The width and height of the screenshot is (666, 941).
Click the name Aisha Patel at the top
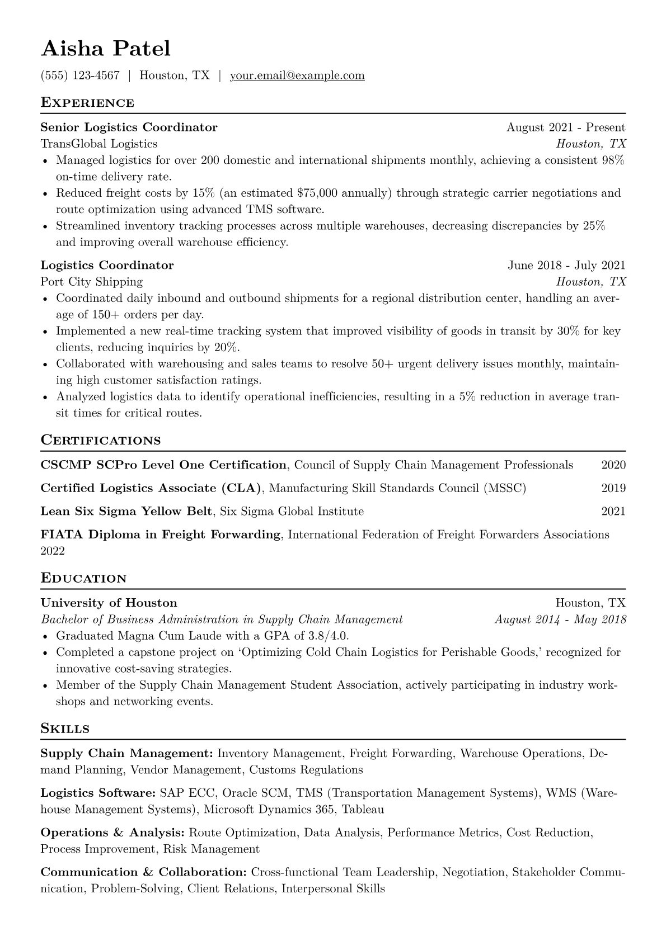point(106,49)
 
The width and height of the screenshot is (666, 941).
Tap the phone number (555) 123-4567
point(80,75)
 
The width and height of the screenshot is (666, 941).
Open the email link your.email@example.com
point(297,75)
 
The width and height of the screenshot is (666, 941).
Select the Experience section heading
point(87,103)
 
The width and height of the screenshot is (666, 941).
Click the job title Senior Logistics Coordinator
point(129,127)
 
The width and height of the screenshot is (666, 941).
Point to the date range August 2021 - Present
point(566,127)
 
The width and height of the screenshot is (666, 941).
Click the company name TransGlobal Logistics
point(99,144)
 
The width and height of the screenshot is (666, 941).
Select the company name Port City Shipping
point(92,282)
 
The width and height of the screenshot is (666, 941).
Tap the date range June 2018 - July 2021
point(566,266)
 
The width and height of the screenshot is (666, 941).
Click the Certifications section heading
point(101,441)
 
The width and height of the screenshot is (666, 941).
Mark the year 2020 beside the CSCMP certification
point(613,465)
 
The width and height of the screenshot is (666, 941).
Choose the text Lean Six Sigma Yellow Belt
point(126,512)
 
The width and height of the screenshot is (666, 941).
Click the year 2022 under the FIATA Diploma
point(53,551)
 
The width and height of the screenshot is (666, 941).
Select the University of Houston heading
point(109,603)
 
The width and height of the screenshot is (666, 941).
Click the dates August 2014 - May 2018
point(560,620)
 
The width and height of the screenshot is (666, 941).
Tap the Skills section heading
point(65,729)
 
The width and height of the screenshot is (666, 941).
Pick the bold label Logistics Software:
point(98,793)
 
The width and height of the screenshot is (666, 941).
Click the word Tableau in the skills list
point(363,810)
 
